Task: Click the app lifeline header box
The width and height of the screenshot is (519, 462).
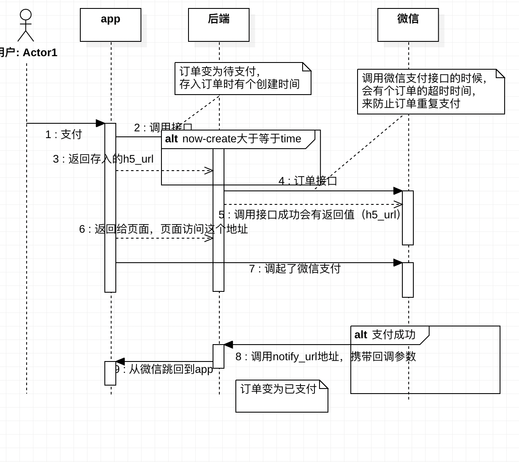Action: tap(110, 24)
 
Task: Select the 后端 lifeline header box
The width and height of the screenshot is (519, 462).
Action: tap(219, 24)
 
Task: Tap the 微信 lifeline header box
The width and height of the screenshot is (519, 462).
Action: tap(408, 24)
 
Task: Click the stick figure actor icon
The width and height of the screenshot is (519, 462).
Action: tap(26, 25)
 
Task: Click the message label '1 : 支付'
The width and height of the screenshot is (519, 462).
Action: tap(63, 134)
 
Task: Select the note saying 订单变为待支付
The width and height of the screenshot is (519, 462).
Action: tap(243, 79)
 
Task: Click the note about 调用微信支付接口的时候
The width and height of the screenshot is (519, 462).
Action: tap(430, 92)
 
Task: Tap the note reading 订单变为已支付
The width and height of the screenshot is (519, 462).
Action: tap(281, 396)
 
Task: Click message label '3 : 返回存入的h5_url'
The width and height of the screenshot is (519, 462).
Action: tap(103, 159)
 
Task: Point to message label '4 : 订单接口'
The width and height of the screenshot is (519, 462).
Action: tap(308, 181)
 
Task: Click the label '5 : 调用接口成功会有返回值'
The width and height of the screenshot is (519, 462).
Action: tap(311, 215)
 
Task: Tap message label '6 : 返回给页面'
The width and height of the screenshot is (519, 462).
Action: tap(163, 229)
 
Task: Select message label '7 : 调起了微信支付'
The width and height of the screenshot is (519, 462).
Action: tap(295, 269)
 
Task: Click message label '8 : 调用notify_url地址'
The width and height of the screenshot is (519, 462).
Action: tap(325, 356)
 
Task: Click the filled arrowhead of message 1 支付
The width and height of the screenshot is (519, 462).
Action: tap(101, 123)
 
